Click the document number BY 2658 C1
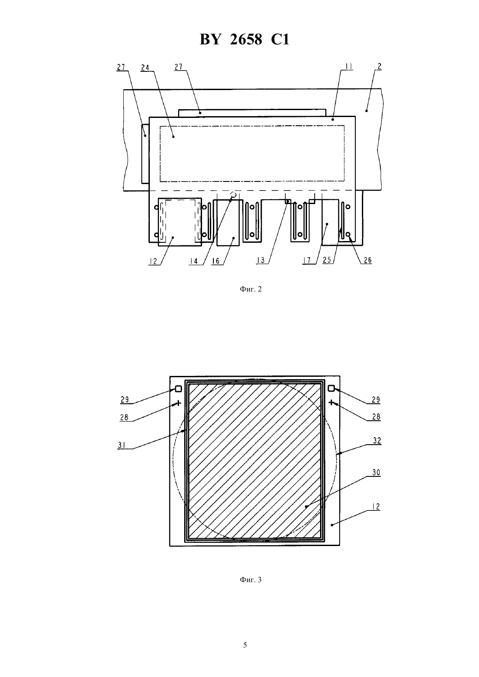(244, 39)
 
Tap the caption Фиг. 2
(250, 289)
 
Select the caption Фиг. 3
(250, 580)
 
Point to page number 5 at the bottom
(245, 645)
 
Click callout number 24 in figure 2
(145, 67)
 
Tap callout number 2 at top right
(380, 66)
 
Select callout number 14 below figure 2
(194, 261)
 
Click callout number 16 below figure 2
(216, 261)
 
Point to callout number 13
(260, 260)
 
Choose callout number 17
(307, 260)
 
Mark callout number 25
(327, 260)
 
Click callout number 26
(368, 260)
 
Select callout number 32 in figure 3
(377, 441)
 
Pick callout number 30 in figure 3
(376, 473)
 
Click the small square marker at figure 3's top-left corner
(179, 389)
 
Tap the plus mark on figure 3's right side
(332, 402)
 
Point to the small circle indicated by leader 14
(233, 194)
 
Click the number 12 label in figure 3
(376, 506)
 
